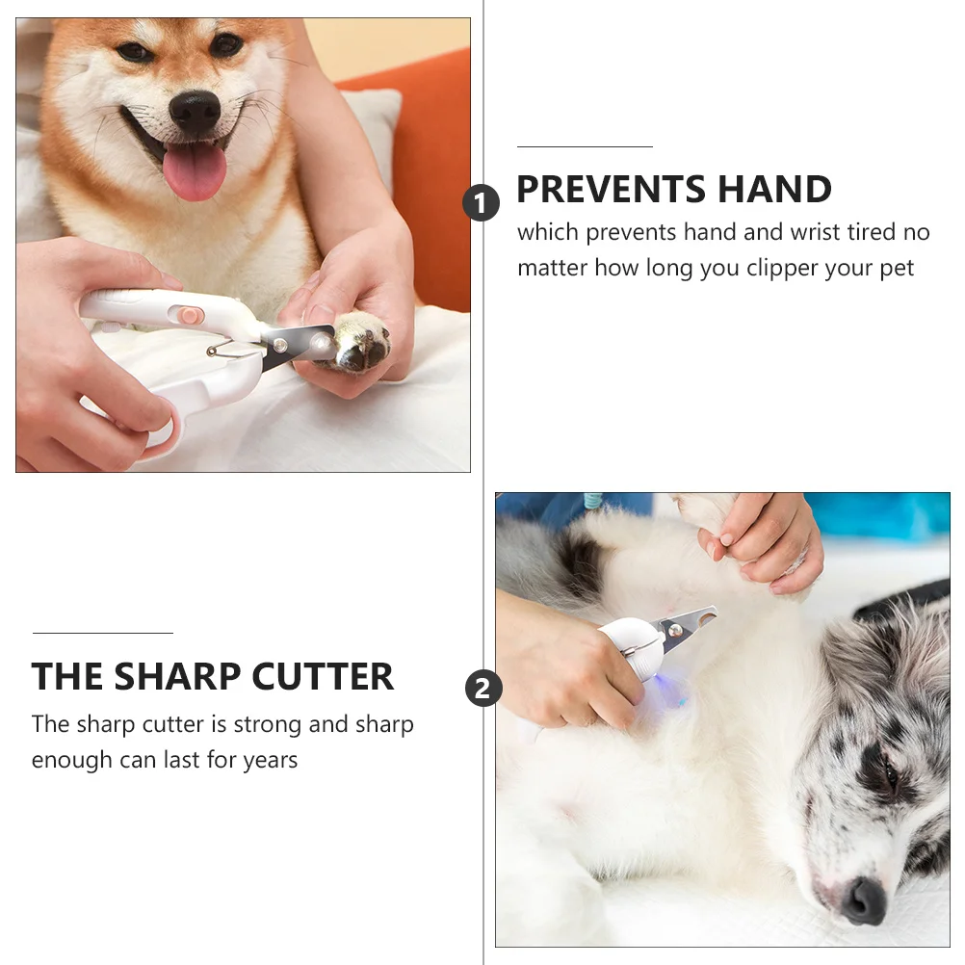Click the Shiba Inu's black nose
pos(195,112)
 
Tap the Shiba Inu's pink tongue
pos(195,171)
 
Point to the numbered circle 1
pos(482,203)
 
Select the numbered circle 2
pos(483,689)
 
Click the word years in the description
pos(270,760)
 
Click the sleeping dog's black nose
pos(863,900)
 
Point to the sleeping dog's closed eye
pos(892,775)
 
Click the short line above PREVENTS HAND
pos(585,146)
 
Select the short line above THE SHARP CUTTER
pos(102,633)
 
